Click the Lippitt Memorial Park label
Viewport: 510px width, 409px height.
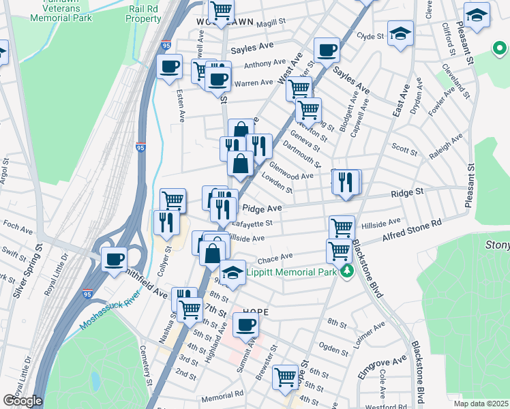(x=292, y=272)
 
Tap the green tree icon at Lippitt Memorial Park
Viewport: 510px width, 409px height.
(x=348, y=272)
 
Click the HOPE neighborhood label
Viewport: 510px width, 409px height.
(x=250, y=312)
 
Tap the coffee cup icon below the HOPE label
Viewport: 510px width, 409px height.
(x=245, y=325)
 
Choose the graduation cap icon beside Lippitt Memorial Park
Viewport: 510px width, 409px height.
(x=233, y=273)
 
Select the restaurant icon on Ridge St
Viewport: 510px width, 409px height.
(x=346, y=181)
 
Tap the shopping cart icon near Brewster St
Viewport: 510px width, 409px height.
(x=286, y=376)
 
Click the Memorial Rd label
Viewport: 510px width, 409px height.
(x=222, y=395)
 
